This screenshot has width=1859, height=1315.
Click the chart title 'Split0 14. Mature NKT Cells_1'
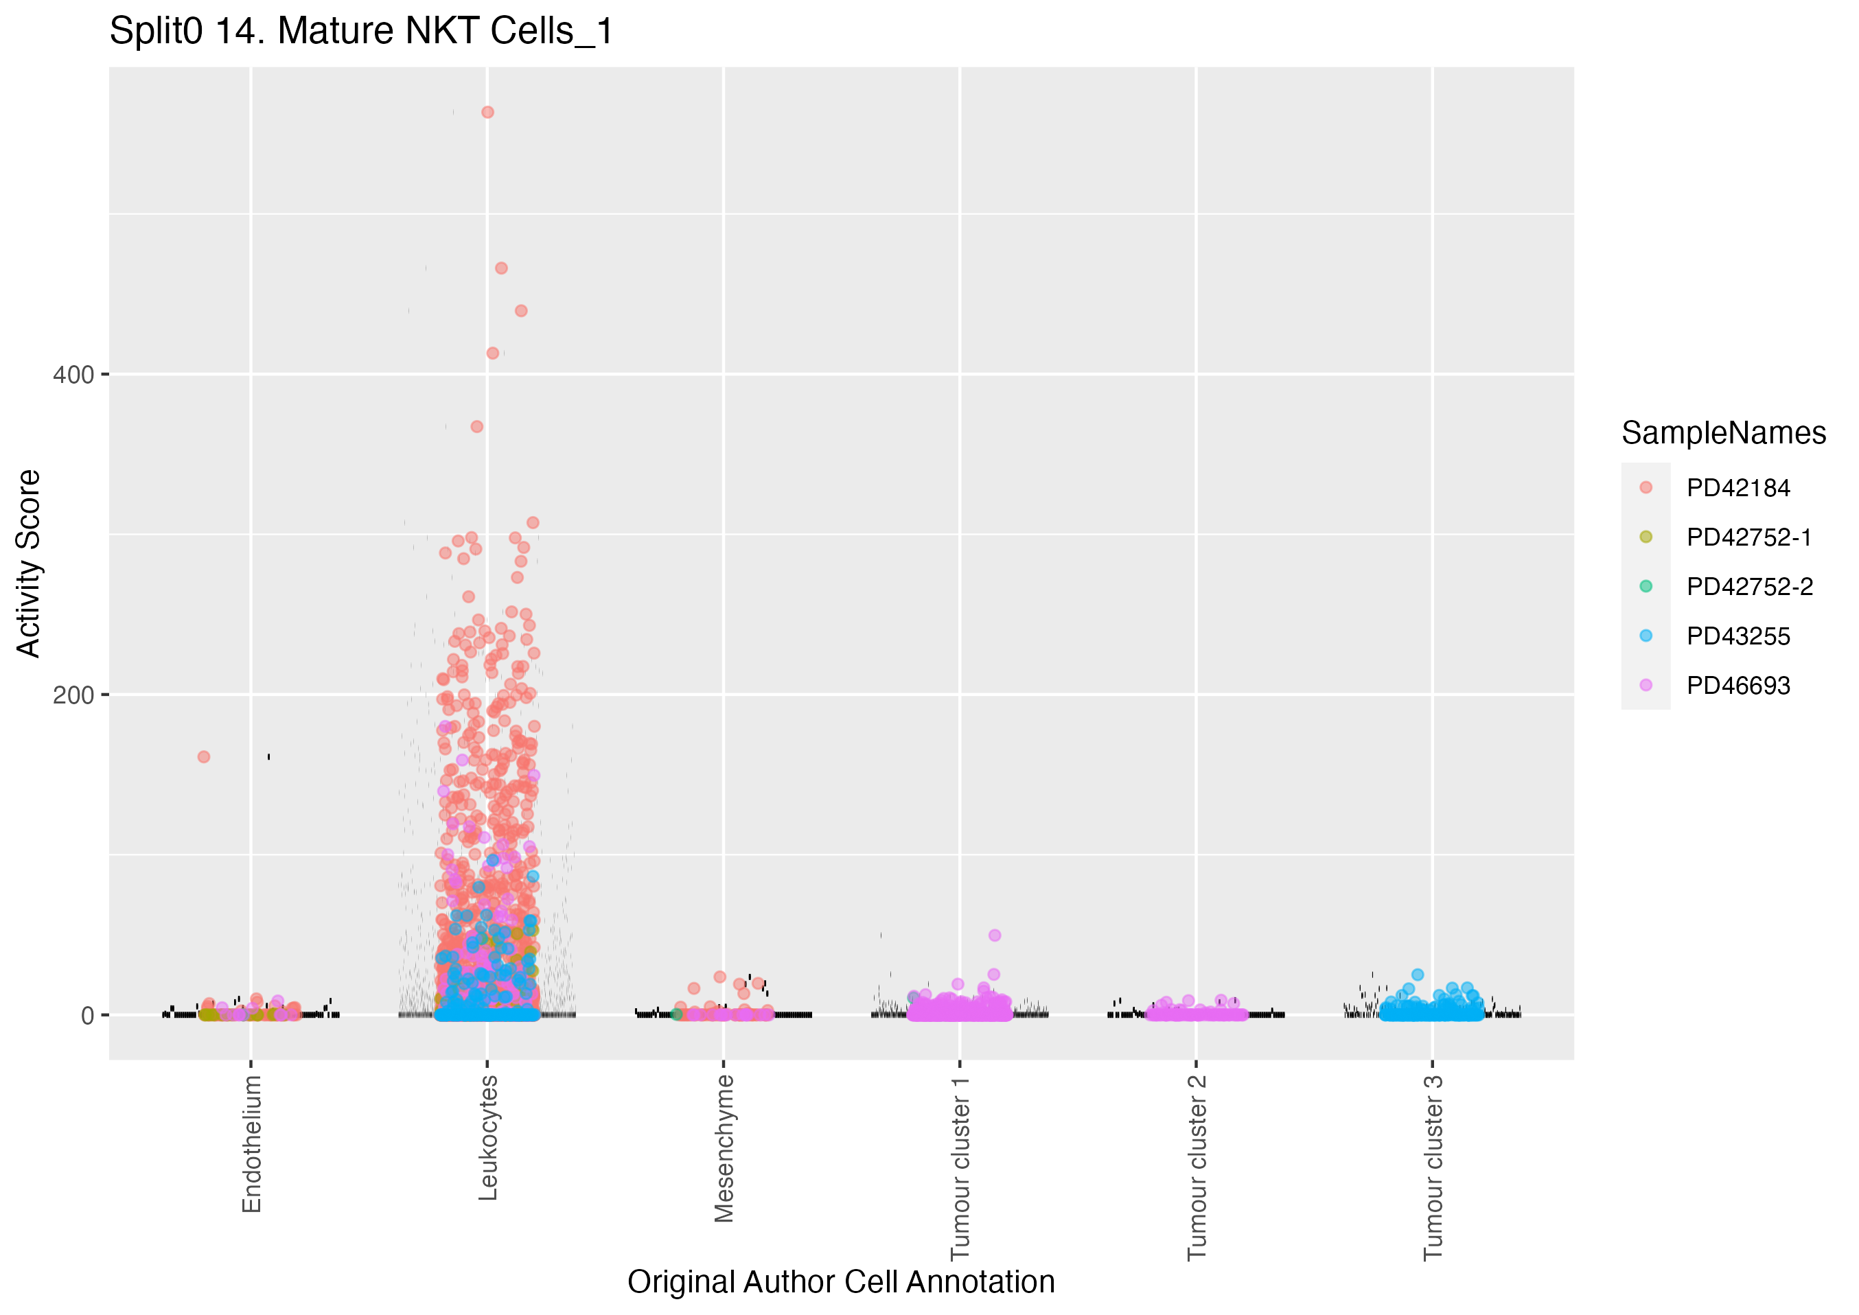coord(361,32)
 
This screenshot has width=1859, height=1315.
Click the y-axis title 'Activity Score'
coord(28,563)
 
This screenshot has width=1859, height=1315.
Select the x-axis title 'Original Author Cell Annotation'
coord(840,1282)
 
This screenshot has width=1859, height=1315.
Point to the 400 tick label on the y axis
coord(73,375)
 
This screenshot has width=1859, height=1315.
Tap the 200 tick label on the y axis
coord(73,695)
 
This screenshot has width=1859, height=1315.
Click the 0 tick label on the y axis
coord(87,1015)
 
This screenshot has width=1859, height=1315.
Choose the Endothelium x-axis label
coord(252,1143)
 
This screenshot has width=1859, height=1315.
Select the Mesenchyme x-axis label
coord(724,1148)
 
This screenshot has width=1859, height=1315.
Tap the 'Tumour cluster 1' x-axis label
coord(960,1167)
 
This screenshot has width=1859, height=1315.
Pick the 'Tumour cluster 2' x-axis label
coord(1197,1167)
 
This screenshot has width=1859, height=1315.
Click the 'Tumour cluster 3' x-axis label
coord(1433,1167)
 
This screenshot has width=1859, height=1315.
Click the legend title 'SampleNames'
coord(1723,433)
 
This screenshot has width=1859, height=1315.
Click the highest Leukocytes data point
coord(487,113)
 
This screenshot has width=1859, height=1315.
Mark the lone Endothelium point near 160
coord(204,757)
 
